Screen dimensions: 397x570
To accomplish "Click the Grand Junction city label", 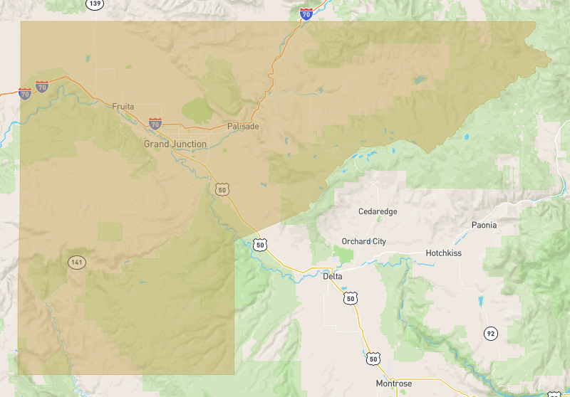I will (x=175, y=144).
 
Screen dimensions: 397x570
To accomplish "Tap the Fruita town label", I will (x=123, y=107).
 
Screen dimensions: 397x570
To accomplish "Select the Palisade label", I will (x=243, y=126).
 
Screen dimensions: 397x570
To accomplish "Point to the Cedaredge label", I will (x=378, y=211).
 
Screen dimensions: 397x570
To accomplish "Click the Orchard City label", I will (x=363, y=241).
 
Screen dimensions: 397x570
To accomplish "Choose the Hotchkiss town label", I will (x=443, y=253).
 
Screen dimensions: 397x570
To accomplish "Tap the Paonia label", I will (x=484, y=225).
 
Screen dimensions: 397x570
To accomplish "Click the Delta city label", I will (x=332, y=276).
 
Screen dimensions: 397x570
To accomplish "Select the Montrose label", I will (x=393, y=383).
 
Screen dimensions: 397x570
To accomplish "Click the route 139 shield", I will (x=94, y=4).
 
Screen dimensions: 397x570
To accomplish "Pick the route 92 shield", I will (x=490, y=333).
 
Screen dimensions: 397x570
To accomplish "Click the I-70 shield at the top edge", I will (x=306, y=14).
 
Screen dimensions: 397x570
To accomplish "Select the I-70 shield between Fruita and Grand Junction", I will (x=155, y=124).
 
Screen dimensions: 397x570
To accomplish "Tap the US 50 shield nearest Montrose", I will (x=373, y=359).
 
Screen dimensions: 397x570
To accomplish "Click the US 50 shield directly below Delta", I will (x=350, y=298).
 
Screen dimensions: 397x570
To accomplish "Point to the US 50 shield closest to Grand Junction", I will (x=222, y=189).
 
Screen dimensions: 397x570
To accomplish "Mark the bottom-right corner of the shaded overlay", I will (x=234, y=374).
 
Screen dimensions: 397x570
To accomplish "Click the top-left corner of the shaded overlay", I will (x=21, y=21).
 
